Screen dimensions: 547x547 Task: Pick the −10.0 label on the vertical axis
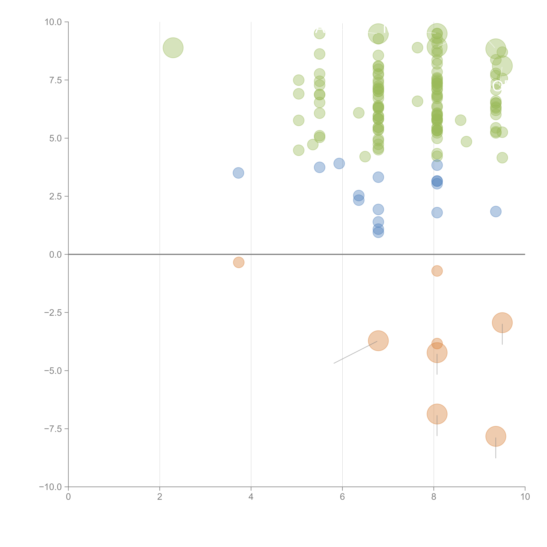click(x=51, y=487)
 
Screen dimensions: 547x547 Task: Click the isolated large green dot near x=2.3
click(x=173, y=48)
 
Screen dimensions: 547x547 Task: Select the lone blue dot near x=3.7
click(x=238, y=173)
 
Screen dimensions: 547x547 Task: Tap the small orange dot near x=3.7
click(x=239, y=262)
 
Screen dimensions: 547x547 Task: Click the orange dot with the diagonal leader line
click(x=378, y=341)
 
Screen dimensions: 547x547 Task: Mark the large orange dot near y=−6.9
click(x=437, y=414)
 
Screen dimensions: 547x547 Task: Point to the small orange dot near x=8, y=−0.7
click(x=437, y=271)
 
